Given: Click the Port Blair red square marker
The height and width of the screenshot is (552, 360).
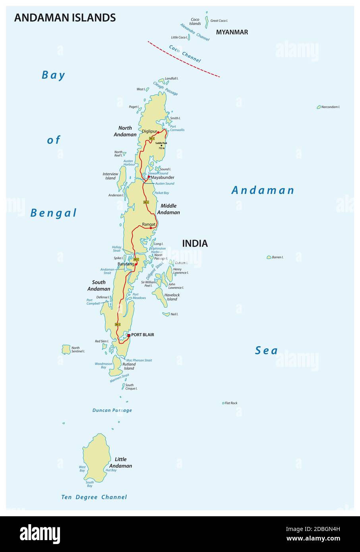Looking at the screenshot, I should (129, 335).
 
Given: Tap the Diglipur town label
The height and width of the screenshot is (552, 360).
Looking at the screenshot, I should (149, 131).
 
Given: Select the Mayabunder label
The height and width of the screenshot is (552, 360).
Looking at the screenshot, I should (163, 178).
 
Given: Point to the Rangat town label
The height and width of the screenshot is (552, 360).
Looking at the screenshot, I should (149, 224).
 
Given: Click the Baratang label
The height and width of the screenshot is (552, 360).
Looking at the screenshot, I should (126, 264).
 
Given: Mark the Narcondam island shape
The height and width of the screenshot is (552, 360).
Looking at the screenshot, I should (319, 107).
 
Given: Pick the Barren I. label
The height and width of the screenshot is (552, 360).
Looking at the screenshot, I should (277, 257).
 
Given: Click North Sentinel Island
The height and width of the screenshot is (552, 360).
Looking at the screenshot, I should (66, 349).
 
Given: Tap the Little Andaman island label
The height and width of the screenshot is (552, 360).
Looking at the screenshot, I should (120, 463).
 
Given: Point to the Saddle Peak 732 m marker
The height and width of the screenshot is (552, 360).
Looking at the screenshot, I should (161, 146).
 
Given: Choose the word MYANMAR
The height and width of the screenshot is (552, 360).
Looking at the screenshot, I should (232, 32).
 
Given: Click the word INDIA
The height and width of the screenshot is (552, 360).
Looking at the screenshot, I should (195, 243).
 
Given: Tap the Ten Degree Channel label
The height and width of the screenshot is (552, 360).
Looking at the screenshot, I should (94, 497).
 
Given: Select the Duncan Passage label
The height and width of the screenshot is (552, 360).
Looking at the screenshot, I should (112, 410).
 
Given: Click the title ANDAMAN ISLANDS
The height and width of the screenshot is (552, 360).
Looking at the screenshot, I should (65, 17).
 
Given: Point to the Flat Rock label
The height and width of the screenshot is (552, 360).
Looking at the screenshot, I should (231, 403).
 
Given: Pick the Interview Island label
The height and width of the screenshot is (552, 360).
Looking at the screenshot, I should (110, 176).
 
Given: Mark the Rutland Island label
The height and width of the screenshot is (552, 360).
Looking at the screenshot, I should (129, 366).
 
